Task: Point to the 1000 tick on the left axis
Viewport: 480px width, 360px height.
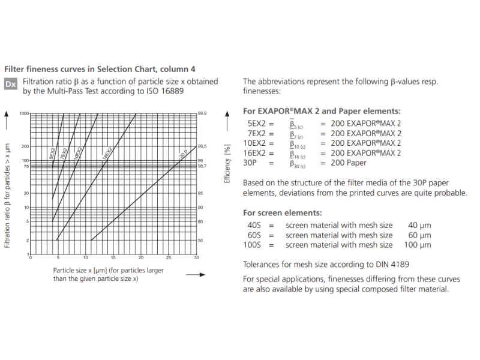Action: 24,113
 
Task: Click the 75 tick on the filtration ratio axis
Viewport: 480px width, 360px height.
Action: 26,166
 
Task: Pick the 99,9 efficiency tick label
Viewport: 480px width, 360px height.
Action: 202,113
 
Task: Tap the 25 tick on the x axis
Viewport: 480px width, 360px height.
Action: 169,257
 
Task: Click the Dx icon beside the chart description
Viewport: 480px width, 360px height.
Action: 11,84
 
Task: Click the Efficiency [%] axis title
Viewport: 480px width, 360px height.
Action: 227,163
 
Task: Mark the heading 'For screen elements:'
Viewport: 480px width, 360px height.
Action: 282,213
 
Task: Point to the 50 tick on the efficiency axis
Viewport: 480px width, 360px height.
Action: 201,240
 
